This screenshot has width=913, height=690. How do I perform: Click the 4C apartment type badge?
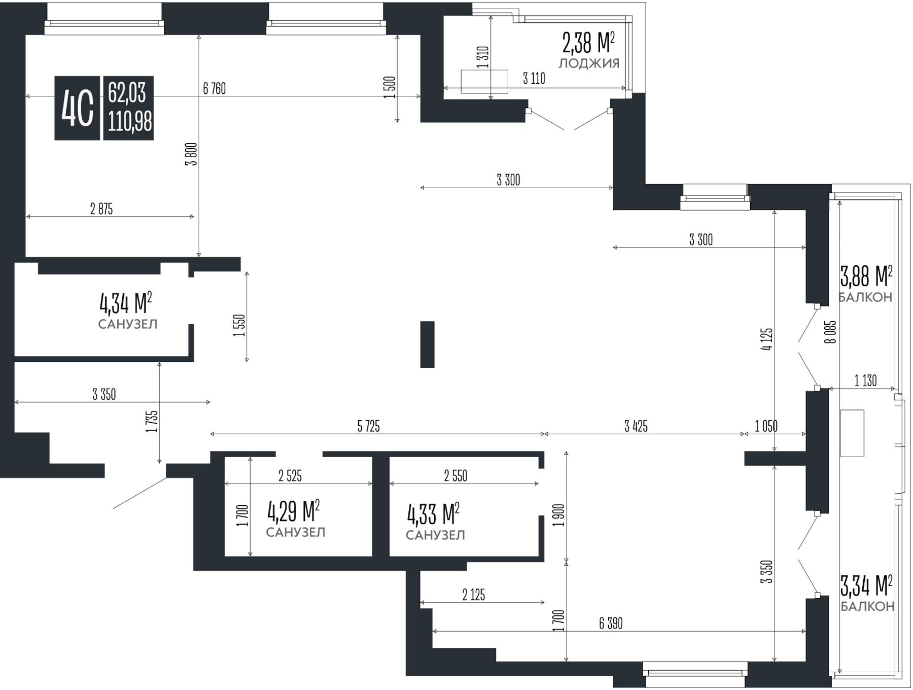pyautogui.click(x=77, y=108)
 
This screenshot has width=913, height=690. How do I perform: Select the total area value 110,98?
pyautogui.click(x=130, y=122)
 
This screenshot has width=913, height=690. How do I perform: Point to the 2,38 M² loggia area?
pyautogui.click(x=588, y=43)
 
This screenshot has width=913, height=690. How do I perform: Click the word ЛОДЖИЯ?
pyautogui.click(x=589, y=64)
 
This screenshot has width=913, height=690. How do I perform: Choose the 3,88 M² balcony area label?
pyautogui.click(x=866, y=277)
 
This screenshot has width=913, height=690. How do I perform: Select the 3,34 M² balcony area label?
pyautogui.click(x=866, y=586)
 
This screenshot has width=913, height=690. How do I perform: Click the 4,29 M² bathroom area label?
pyautogui.click(x=293, y=512)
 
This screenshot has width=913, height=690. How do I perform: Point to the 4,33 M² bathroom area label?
pyautogui.click(x=433, y=514)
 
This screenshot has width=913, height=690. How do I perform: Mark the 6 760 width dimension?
pyautogui.click(x=214, y=89)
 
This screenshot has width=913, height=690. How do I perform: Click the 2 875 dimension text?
pyautogui.click(x=101, y=209)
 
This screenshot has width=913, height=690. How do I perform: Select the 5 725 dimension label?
pyautogui.click(x=368, y=427)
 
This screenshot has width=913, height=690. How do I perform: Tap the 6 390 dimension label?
pyautogui.click(x=611, y=624)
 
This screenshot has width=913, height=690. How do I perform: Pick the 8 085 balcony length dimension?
pyautogui.click(x=830, y=332)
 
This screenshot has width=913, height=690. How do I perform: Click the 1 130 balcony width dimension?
pyautogui.click(x=865, y=381)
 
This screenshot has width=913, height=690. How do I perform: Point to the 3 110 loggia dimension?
pyautogui.click(x=534, y=79)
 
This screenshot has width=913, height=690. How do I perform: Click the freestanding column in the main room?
pyautogui.click(x=427, y=344)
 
